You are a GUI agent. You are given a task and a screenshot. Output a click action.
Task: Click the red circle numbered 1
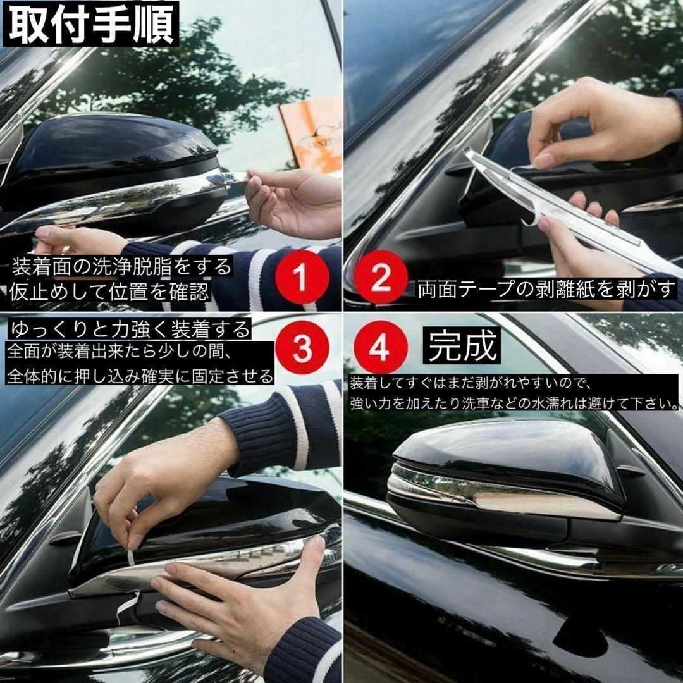[302, 277]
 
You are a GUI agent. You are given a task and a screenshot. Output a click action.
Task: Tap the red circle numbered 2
[380, 277]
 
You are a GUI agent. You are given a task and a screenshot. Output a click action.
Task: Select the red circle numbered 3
[302, 348]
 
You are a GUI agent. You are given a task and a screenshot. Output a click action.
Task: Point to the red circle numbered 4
[381, 347]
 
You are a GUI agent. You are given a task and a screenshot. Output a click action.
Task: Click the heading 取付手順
[91, 24]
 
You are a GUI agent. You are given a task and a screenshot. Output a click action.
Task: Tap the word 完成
[462, 345]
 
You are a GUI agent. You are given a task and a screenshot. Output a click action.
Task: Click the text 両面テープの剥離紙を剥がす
[546, 289]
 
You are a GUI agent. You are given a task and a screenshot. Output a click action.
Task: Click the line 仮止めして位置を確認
[109, 291]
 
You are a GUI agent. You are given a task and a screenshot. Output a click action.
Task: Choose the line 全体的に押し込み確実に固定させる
[139, 376]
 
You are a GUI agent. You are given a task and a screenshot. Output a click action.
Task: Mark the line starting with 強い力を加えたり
[514, 403]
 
